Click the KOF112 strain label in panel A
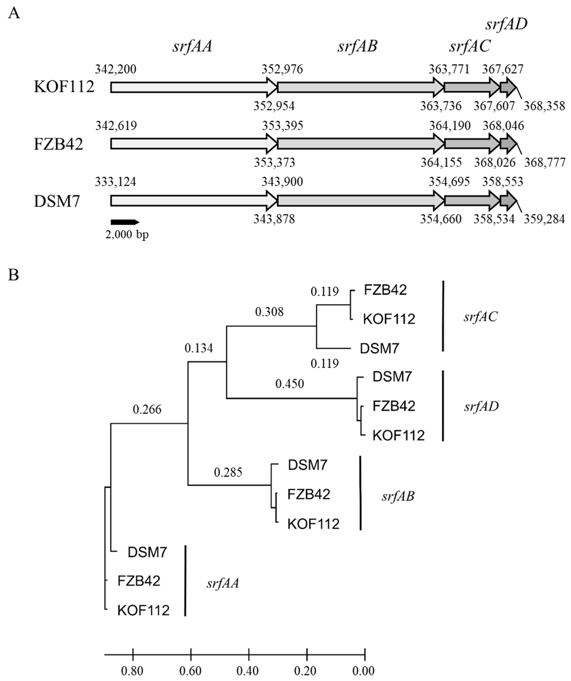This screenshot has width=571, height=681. point(64,87)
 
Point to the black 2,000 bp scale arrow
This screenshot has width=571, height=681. point(125,222)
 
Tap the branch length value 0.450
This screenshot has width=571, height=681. point(289,384)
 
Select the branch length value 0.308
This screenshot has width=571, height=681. point(269,312)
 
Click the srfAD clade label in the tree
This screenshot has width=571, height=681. point(481,406)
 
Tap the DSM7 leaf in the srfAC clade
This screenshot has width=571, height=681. point(379,349)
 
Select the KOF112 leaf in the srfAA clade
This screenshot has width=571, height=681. point(144,610)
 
